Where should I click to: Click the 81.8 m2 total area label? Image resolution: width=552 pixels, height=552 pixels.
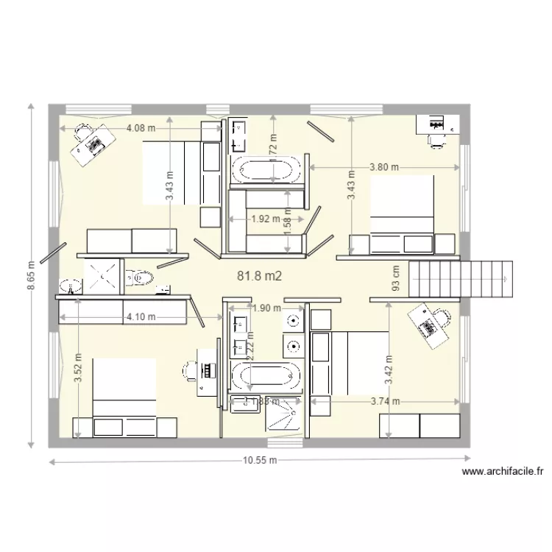(x=260, y=275)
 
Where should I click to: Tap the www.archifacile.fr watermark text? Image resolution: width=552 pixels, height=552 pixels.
(x=503, y=472)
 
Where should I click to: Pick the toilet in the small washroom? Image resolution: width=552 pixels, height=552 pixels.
(x=141, y=277)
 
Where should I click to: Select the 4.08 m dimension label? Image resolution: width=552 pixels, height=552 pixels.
(x=141, y=127)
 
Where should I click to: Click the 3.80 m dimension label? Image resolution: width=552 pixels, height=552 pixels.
(x=383, y=167)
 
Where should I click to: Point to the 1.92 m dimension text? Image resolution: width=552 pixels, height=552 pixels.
(x=266, y=219)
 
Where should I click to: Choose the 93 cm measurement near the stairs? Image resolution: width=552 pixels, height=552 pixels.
(x=396, y=277)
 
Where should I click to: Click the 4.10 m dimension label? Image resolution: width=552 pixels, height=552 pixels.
(x=141, y=317)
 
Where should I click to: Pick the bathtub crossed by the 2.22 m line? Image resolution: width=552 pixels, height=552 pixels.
(x=266, y=376)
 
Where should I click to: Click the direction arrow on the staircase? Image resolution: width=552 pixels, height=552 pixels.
(x=506, y=280)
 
